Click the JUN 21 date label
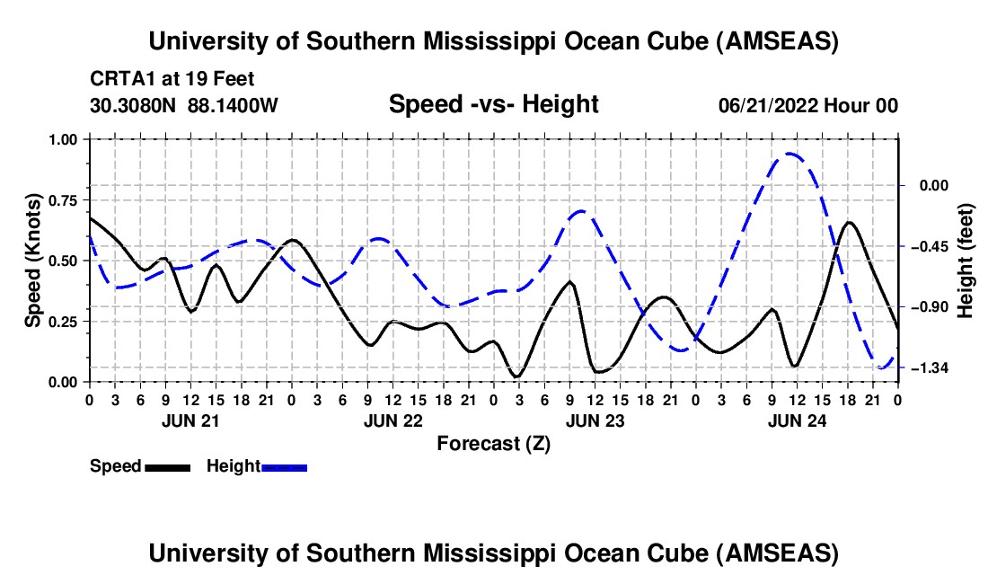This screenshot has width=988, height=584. tap(190, 420)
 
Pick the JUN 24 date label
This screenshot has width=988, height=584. tap(797, 420)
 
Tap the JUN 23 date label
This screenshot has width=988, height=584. tap(595, 420)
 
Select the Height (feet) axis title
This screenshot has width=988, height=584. tap(965, 261)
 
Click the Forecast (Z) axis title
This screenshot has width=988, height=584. tap(493, 444)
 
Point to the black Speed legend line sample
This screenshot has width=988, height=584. tap(168, 467)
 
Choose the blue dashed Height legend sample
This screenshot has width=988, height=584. tap(284, 467)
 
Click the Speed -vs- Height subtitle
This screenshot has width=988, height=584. tap(493, 104)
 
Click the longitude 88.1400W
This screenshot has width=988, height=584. tap(233, 105)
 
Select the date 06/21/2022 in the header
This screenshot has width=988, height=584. tap(768, 105)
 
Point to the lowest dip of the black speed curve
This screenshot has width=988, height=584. tap(517, 376)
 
